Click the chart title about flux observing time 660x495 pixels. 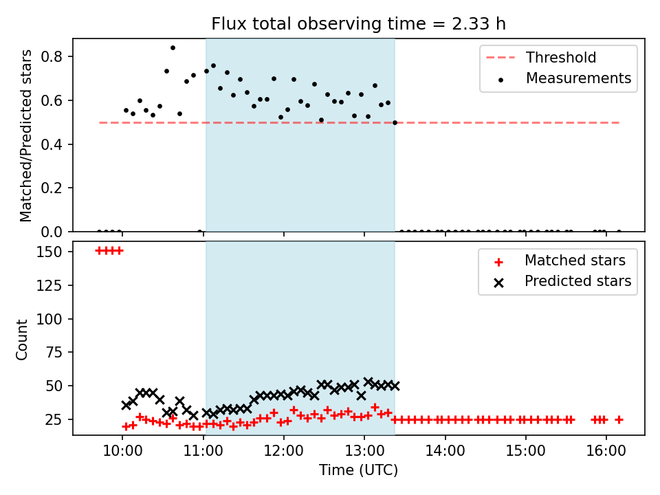358,24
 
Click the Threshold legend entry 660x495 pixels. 541,57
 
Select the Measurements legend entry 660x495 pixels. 564,78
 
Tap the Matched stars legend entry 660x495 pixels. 560,261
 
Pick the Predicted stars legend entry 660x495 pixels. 562,281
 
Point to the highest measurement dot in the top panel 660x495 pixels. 173,48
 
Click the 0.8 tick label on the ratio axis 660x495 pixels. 52,56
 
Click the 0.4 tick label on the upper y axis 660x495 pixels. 52,144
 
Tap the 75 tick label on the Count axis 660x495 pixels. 54,352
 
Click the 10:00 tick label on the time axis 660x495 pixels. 122,451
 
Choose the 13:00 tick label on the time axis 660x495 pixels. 364,451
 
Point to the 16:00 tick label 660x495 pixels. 606,451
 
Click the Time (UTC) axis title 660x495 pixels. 358,470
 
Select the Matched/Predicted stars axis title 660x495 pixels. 25,135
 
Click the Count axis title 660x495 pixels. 21,339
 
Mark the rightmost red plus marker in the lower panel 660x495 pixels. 619,419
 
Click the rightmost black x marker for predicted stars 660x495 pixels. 395,386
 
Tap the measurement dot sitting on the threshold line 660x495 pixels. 395,123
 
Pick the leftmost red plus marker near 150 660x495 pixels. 100,251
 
